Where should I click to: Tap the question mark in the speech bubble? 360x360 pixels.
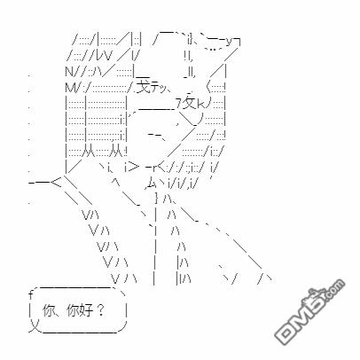[x=100, y=310]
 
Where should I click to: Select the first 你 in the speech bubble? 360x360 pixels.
[x=49, y=310]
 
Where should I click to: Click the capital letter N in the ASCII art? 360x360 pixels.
[x=68, y=71]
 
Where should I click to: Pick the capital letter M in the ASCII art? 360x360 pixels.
[x=69, y=88]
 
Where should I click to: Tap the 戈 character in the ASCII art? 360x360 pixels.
[x=144, y=86]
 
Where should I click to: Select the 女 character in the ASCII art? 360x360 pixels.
[x=189, y=103]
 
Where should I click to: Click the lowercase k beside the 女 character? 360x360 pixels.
[x=200, y=105]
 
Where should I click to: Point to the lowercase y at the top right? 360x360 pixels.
[x=230, y=43]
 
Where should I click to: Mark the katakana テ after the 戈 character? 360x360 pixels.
[x=155, y=88]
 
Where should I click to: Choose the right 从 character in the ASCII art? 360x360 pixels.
[x=115, y=153]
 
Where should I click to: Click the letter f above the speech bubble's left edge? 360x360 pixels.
[x=30, y=293]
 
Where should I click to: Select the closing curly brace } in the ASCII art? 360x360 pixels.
[x=156, y=198]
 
